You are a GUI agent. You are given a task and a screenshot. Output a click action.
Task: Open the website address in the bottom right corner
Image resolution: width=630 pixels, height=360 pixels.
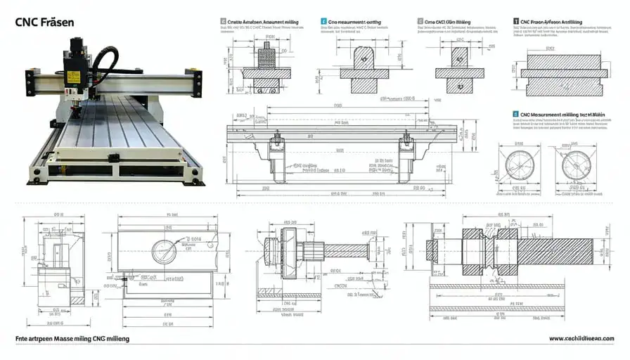point(581,339)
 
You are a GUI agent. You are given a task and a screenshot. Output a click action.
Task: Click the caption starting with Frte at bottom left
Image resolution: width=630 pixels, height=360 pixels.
point(72,339)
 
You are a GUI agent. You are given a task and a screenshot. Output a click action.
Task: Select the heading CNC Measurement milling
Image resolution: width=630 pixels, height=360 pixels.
point(562,113)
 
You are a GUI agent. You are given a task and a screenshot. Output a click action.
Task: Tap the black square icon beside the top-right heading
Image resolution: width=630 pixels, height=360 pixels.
point(516,22)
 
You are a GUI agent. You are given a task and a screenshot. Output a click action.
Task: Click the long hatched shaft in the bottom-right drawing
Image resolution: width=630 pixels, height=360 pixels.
point(555,252)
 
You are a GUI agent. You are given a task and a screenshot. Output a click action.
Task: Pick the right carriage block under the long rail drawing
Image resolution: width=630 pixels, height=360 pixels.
point(405,156)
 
